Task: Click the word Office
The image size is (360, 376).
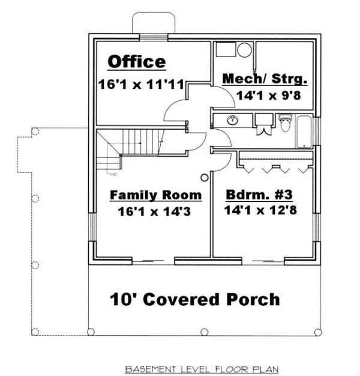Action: [x=136, y=62]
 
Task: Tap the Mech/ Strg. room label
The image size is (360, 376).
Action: [x=265, y=79]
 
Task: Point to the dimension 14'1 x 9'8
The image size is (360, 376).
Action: [x=265, y=94]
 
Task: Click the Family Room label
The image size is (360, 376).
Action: [x=155, y=196]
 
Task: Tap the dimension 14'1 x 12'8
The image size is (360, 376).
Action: [x=261, y=211]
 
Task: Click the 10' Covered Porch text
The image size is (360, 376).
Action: [x=194, y=299]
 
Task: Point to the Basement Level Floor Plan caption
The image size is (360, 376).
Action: [x=201, y=368]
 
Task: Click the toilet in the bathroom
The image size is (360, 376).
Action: [x=285, y=124]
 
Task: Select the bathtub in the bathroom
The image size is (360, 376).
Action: [x=304, y=131]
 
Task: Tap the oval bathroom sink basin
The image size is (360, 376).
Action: [x=232, y=120]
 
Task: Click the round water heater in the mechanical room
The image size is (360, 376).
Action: [x=244, y=50]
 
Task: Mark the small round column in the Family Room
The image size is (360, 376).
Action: [x=204, y=178]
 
